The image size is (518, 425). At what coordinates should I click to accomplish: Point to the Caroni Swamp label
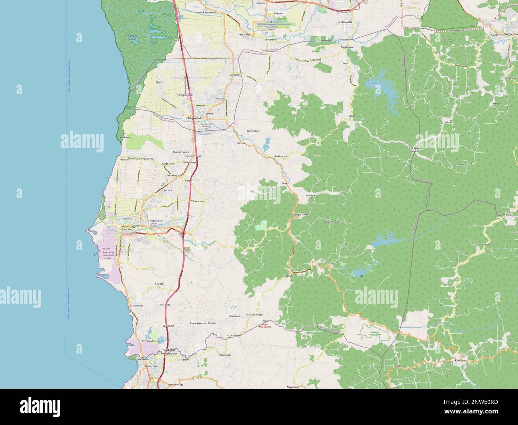[x=132, y=38]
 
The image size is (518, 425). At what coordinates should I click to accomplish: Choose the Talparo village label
[x=352, y=116]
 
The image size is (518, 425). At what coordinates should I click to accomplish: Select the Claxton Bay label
[x=137, y=305]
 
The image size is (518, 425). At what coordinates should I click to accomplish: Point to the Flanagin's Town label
[x=300, y=215]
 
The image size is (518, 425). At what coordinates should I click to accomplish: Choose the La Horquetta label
[x=345, y=22]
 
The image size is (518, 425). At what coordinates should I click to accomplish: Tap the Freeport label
[x=189, y=180]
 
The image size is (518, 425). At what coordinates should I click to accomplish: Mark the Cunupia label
[x=234, y=75]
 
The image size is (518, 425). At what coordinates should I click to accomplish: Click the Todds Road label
[x=281, y=156]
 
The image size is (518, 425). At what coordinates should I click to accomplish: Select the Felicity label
[x=159, y=82]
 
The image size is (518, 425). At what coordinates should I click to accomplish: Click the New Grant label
[x=292, y=387]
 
